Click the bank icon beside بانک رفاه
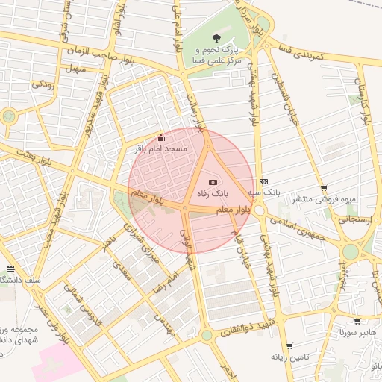213,182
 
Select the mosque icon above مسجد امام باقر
160,137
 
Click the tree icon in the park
217,38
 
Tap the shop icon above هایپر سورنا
357,322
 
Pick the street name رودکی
41,85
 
